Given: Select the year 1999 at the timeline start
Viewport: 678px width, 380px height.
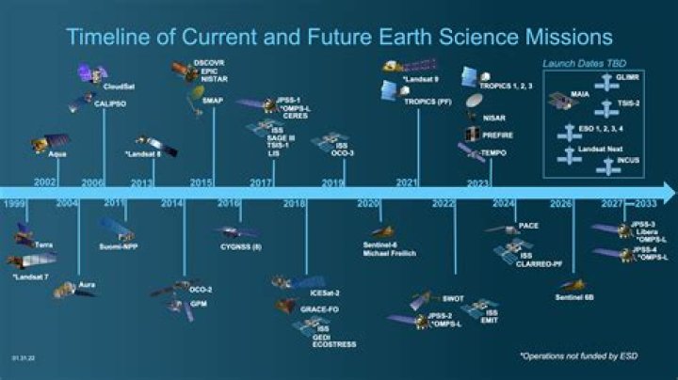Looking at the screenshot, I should click(13, 204).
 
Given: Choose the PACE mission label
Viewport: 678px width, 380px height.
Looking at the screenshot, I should click(528, 227).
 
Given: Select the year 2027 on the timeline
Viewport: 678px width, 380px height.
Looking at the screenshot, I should click(613, 204).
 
